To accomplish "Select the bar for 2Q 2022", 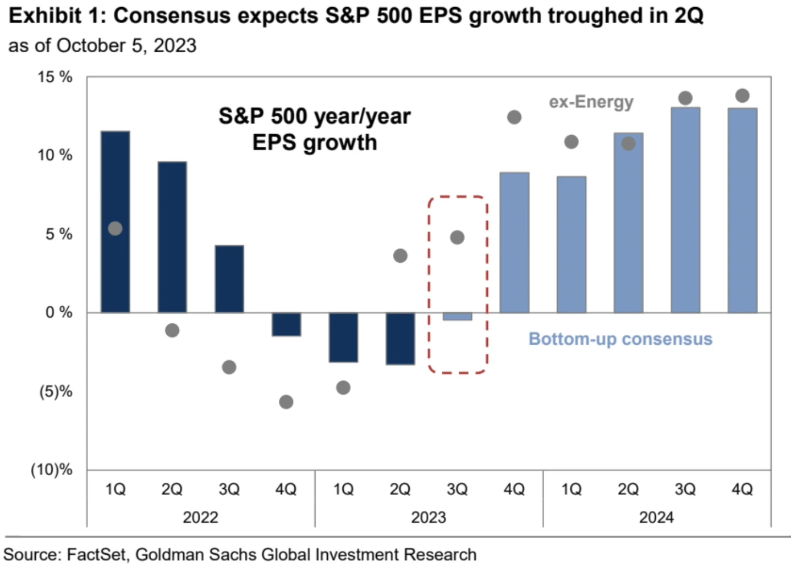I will [x=172, y=236].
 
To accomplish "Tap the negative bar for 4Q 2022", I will [x=286, y=324].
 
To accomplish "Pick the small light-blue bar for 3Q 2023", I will [x=457, y=317].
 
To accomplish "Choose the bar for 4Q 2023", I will [x=514, y=242].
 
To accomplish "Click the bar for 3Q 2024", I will [x=685, y=209].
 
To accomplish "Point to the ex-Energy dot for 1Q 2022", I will [x=115, y=229].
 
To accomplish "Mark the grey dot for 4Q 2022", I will [x=286, y=402].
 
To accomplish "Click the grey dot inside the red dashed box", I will [x=457, y=238].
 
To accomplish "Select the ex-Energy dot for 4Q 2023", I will [x=514, y=117].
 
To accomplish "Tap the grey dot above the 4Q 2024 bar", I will [x=742, y=96].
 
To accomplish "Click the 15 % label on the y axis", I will [x=55, y=77].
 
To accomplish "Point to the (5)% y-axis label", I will [x=55, y=391].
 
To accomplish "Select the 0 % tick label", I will [x=58, y=312].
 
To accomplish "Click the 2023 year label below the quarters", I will [x=429, y=517].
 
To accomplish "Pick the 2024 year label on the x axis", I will [x=656, y=517].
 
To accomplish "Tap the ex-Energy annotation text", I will [x=591, y=102].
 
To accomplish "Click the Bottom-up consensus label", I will [x=620, y=339].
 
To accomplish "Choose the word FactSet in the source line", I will [x=97, y=554].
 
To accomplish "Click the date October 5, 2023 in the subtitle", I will [x=126, y=46].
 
